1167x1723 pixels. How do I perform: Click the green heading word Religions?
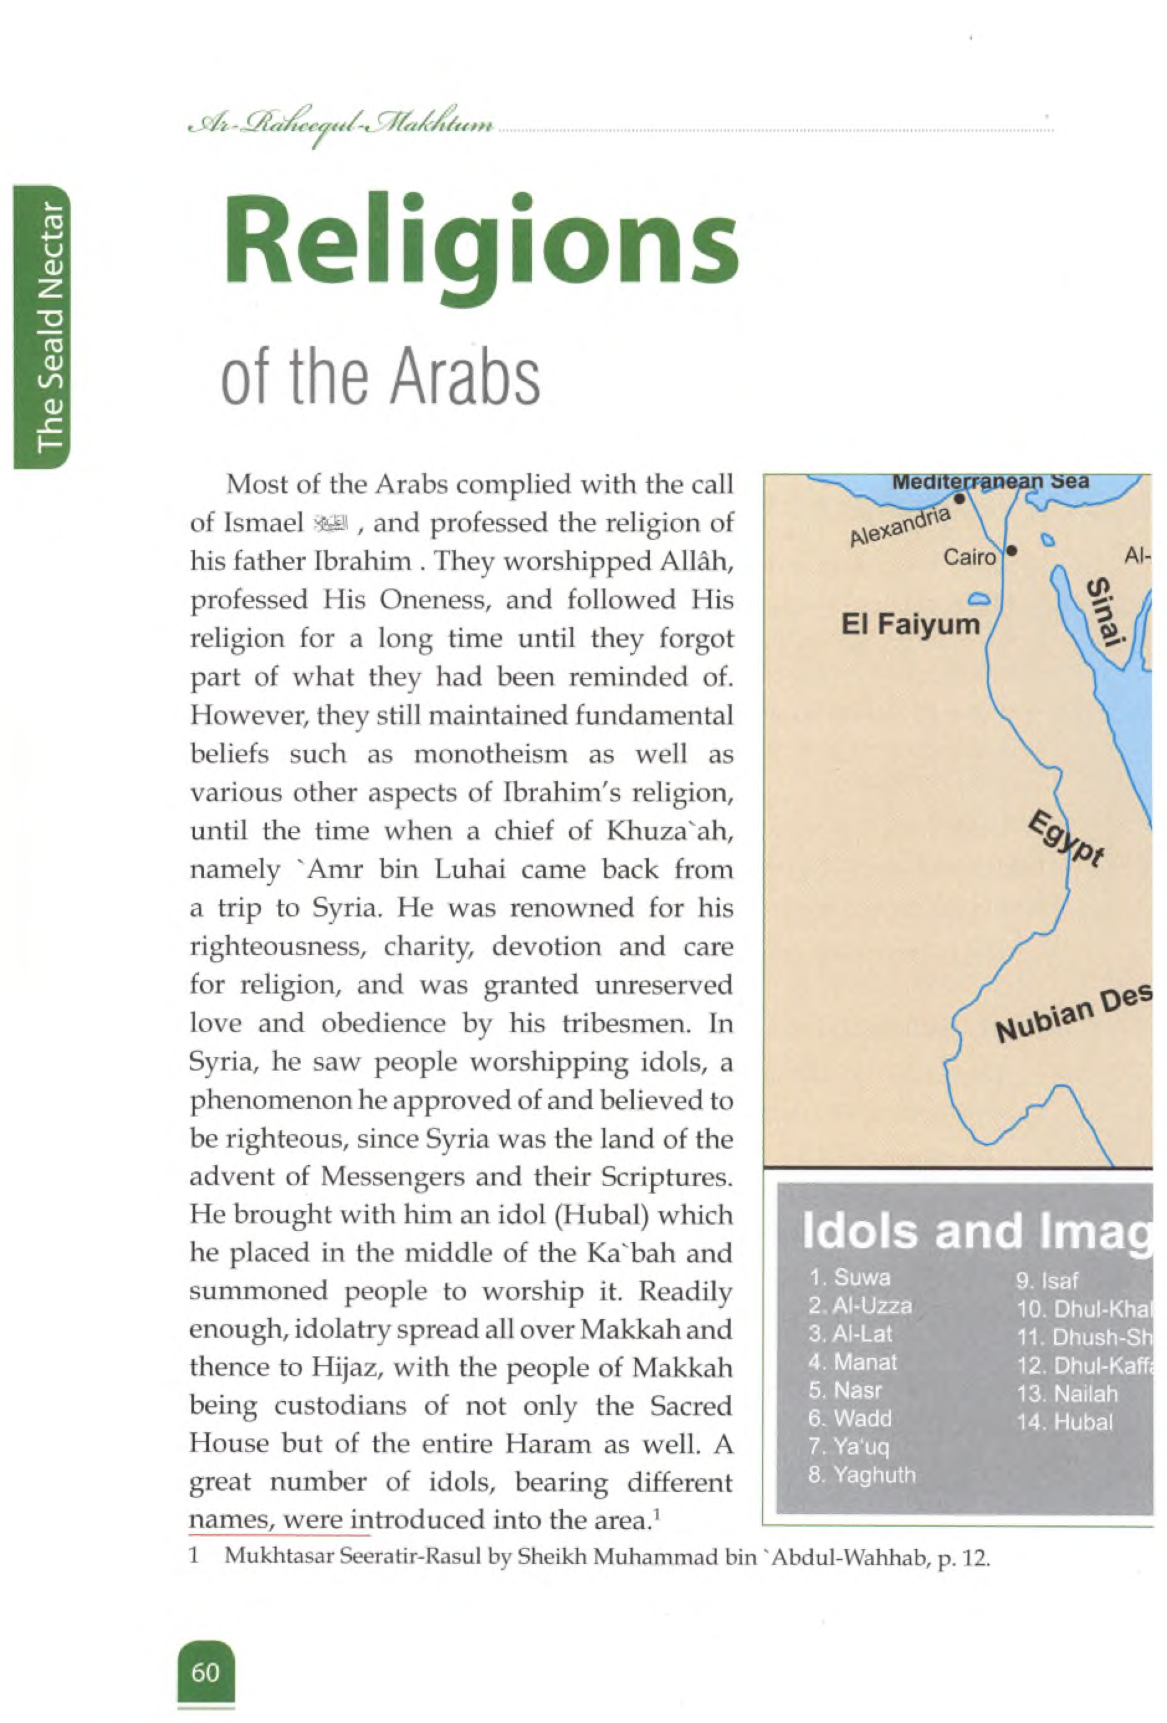pyautogui.click(x=480, y=241)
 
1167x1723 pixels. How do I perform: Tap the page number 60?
pyautogui.click(x=205, y=1673)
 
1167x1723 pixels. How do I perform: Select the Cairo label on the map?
pyautogui.click(x=968, y=557)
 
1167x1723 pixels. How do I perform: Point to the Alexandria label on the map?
pyautogui.click(x=899, y=526)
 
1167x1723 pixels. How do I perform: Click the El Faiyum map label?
pyautogui.click(x=910, y=624)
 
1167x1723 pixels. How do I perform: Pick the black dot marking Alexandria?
pyautogui.click(x=959, y=499)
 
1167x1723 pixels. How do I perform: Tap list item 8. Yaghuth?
pyautogui.click(x=861, y=1474)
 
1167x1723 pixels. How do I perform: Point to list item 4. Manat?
pyautogui.click(x=853, y=1362)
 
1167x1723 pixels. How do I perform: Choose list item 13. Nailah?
pyautogui.click(x=1067, y=1394)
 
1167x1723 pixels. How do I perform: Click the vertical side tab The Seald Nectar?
pyautogui.click(x=50, y=326)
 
